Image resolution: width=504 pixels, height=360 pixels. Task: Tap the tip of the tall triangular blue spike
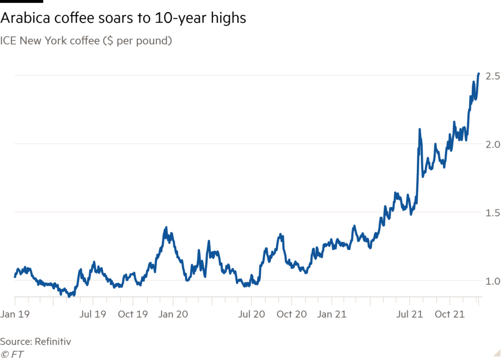coord(168,227)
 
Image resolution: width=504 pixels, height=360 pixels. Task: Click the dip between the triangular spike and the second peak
coord(189,266)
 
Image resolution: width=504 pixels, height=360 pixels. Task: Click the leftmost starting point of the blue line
coord(15,271)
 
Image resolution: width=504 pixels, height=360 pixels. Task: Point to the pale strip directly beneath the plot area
coord(246,302)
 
